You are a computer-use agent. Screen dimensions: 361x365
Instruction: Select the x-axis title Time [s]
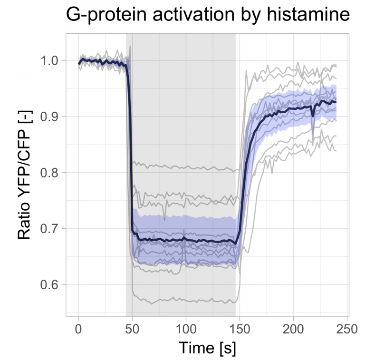[x=208, y=348]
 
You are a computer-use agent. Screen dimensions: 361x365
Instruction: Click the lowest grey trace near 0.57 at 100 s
[x=186, y=300]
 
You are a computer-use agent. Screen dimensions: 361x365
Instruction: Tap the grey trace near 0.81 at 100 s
[x=186, y=167]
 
